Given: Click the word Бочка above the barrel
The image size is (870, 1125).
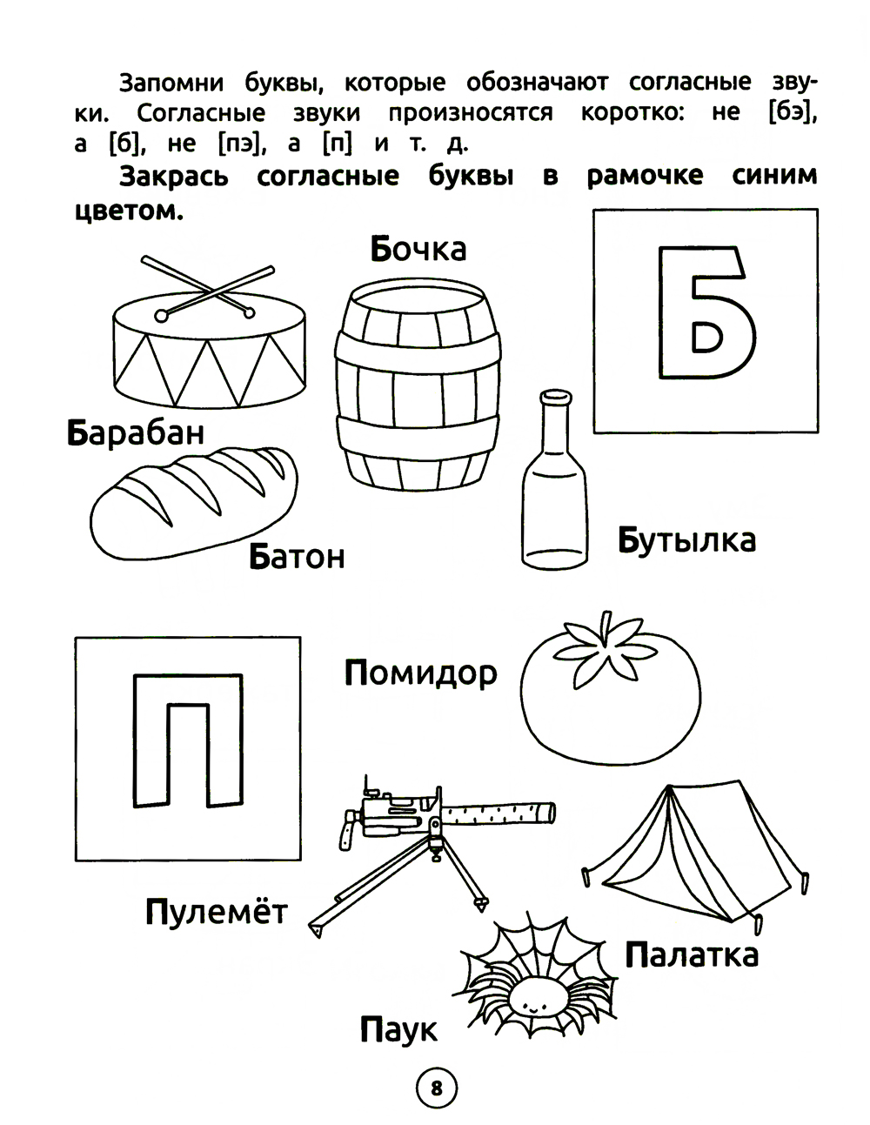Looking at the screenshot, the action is pyautogui.click(x=418, y=249).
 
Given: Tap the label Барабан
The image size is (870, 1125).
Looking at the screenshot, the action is pyautogui.click(x=136, y=432).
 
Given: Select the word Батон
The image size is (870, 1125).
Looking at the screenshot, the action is pyautogui.click(x=297, y=556).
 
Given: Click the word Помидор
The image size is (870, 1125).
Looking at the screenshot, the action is pyautogui.click(x=421, y=674).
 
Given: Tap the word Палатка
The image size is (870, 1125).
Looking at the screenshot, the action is pyautogui.click(x=692, y=954).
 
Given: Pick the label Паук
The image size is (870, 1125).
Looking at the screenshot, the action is pyautogui.click(x=398, y=1030).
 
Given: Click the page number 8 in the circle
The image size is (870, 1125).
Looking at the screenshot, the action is pyautogui.click(x=436, y=1088).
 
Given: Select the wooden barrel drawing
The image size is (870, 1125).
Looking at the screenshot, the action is pyautogui.click(x=417, y=385).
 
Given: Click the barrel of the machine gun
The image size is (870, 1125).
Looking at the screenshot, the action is pyautogui.click(x=498, y=814).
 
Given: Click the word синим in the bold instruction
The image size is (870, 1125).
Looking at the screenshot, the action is pyautogui.click(x=774, y=176).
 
